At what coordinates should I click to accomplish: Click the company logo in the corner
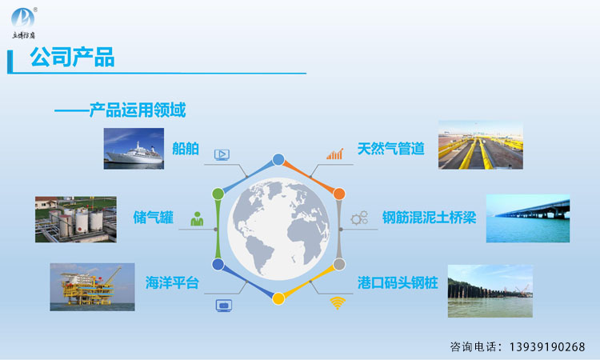pyautogui.click(x=24, y=23)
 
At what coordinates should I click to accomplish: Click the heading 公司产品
pyautogui.click(x=72, y=58)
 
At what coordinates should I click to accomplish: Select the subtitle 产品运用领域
pyautogui.click(x=138, y=110)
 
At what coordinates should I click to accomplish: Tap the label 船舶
pyautogui.click(x=186, y=149)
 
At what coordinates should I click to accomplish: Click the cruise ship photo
pyautogui.click(x=134, y=149)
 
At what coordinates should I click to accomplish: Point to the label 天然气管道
pyautogui.click(x=391, y=149)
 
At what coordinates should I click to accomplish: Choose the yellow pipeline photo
pyautogui.click(x=481, y=145)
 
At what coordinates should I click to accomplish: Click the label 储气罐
pyautogui.click(x=154, y=218)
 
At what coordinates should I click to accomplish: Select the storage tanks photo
pyautogui.click(x=76, y=219)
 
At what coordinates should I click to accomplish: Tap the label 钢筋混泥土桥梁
pyautogui.click(x=430, y=218)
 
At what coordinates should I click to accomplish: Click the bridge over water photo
pyautogui.click(x=528, y=218)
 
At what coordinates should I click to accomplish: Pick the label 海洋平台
pyautogui.click(x=172, y=282)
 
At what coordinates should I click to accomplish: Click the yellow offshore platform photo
pyautogui.click(x=92, y=287)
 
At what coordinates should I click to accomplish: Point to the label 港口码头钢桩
pyautogui.click(x=398, y=282)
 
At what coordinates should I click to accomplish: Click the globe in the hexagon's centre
pyautogui.click(x=278, y=228)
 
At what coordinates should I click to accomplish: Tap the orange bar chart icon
pyautogui.click(x=335, y=154)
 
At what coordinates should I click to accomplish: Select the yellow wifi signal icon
pyautogui.click(x=338, y=303)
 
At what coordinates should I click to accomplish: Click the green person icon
pyautogui.click(x=197, y=219)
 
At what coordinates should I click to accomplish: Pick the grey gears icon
pyautogui.click(x=359, y=218)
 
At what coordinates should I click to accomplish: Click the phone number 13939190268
pyautogui.click(x=547, y=347)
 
